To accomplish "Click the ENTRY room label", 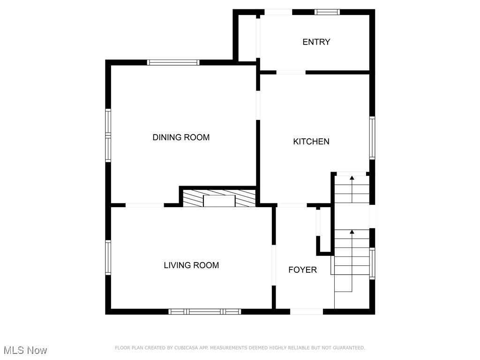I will pos(316,42).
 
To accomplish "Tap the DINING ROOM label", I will pos(181,137).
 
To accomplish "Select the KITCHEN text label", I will pos(311,142).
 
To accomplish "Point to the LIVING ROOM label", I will pos(191,265).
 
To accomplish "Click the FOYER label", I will pos(302,270).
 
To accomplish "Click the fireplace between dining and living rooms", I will pos(219,199).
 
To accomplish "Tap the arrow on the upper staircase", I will pos(352,178).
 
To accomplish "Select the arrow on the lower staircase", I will pos(352,232).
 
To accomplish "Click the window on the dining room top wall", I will pos(173,62).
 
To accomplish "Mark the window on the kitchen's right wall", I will pos(372,138).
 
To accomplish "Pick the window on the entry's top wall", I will pos(327,12).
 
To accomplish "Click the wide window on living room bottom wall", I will pos(205,311).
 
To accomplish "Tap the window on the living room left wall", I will pos(108,257).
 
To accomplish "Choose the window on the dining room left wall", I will pos(108,135).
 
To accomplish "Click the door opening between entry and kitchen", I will pos(291,72).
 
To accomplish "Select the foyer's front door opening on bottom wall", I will pos(307,311).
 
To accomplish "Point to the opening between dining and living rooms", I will pos(144,205).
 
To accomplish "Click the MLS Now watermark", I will pos(25,350).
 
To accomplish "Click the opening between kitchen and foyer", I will pos(292,205).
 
